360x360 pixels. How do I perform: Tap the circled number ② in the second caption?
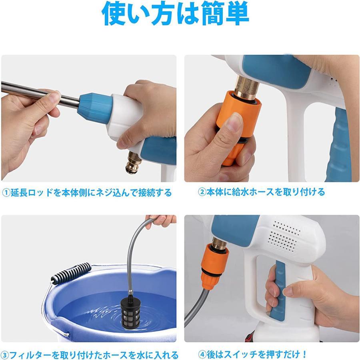[x=202, y=192]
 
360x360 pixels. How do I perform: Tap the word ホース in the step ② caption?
[x=263, y=192]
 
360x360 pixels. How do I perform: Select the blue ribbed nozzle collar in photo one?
[x=95, y=106]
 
